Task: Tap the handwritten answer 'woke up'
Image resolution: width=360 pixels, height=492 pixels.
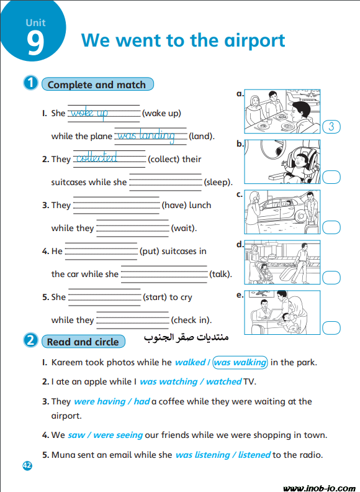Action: [x=89, y=112]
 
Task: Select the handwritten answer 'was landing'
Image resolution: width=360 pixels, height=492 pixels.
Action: [x=146, y=136]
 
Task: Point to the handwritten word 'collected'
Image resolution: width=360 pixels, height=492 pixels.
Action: [x=97, y=158]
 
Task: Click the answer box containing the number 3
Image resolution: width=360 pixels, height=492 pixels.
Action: [x=331, y=127]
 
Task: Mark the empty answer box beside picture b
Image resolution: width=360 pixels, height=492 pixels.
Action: [x=331, y=177]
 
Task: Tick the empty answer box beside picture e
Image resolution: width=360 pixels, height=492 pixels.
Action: [x=331, y=328]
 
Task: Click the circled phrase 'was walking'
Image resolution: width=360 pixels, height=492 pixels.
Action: [x=240, y=362]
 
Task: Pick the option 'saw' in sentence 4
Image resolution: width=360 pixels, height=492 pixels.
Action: [x=76, y=435]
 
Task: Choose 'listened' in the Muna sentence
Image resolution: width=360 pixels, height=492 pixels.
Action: [x=254, y=455]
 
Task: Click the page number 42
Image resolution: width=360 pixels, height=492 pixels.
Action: [x=27, y=465]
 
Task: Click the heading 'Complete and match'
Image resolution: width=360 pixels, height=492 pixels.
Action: [x=97, y=84]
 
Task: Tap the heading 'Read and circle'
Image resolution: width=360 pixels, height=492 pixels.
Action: [x=83, y=342]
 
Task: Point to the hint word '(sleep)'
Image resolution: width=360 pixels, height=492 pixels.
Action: [x=218, y=182]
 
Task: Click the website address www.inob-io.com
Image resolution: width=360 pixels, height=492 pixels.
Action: [x=319, y=488]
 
